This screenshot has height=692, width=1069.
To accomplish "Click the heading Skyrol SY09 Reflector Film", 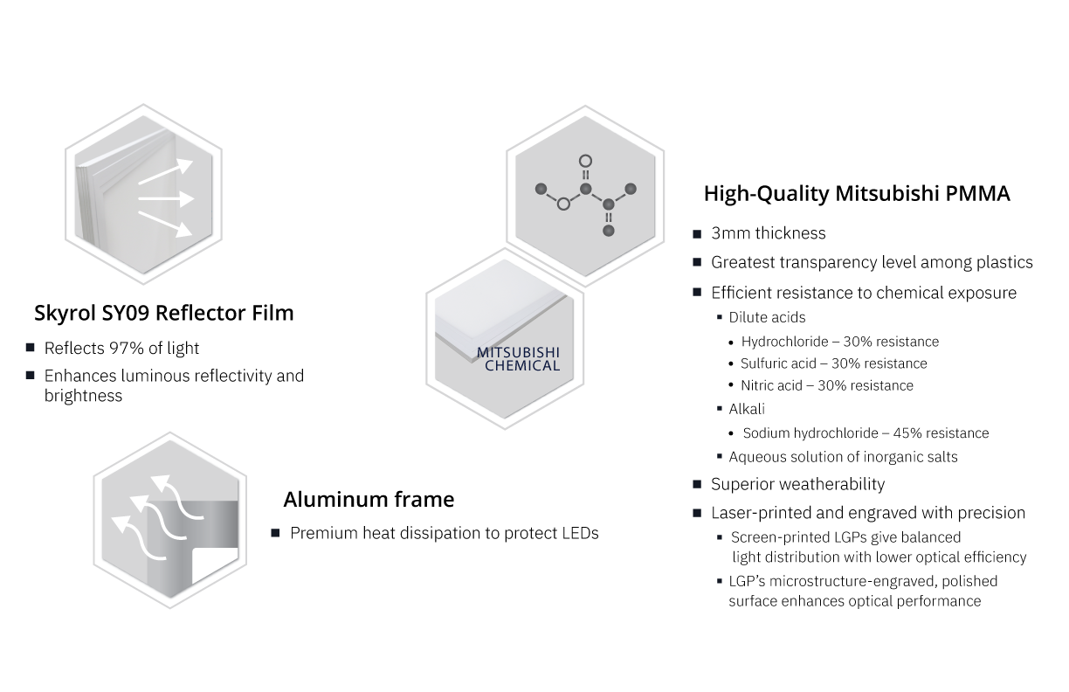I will (x=163, y=313).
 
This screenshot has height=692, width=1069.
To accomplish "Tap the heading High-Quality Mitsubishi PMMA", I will (x=856, y=194).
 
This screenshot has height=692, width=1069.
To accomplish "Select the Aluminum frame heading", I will (x=369, y=500).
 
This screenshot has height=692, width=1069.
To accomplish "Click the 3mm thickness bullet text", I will (x=768, y=233).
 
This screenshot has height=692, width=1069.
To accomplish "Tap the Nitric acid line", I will (x=826, y=385).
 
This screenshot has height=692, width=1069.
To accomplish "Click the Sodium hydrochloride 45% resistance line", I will (x=866, y=433).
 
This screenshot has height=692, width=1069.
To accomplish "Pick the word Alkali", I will (x=747, y=409).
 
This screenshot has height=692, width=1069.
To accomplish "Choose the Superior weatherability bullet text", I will (x=797, y=484).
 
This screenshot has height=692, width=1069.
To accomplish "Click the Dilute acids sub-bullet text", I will (x=767, y=318).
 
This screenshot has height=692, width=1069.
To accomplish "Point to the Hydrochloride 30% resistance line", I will (x=839, y=342).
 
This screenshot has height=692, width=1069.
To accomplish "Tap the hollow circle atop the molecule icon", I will (x=586, y=161).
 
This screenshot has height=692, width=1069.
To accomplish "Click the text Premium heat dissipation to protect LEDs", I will (x=444, y=533).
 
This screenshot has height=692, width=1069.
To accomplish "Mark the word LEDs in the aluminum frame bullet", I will (x=579, y=533).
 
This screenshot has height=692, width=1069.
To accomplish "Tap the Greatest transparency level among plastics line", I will (x=872, y=262).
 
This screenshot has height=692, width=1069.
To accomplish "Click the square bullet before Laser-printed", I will (x=697, y=513).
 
